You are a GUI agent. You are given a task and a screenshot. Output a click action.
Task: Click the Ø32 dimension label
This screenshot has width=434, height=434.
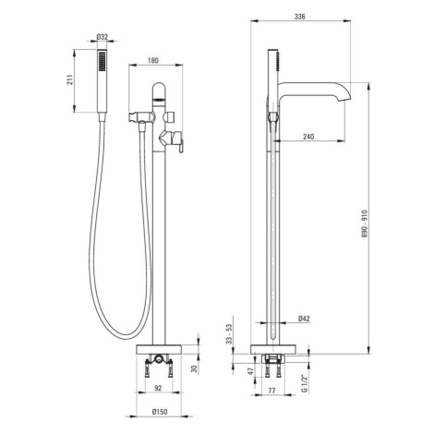[x=102, y=37]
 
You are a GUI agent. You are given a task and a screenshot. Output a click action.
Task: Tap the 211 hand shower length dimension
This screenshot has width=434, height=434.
[x=70, y=80]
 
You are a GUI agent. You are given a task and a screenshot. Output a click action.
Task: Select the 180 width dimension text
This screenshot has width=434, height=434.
[x=153, y=60]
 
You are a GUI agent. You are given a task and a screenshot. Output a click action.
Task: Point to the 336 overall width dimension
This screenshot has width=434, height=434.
[x=299, y=17]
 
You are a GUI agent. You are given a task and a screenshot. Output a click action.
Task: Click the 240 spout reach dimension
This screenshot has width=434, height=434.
[x=308, y=137]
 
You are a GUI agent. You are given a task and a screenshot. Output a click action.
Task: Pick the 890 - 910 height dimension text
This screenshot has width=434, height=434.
[x=365, y=223]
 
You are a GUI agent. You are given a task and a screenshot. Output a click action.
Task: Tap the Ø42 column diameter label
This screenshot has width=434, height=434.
[x=304, y=319]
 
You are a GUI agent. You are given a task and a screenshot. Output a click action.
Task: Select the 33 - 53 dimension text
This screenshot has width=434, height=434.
[x=229, y=334]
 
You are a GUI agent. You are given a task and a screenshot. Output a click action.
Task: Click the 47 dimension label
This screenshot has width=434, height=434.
[x=251, y=371]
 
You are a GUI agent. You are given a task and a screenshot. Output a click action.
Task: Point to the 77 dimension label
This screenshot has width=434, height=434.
[x=271, y=391]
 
